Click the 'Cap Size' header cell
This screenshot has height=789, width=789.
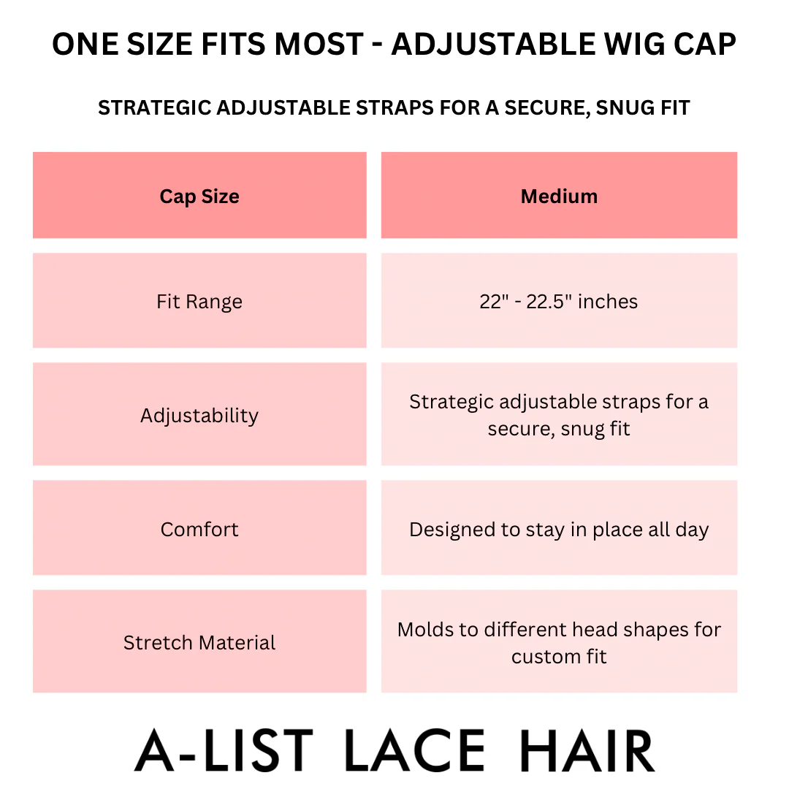click(x=199, y=196)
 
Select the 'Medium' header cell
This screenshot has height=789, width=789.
click(x=559, y=196)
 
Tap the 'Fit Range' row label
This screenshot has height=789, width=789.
click(x=199, y=301)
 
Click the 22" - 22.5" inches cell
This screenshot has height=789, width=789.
click(x=559, y=301)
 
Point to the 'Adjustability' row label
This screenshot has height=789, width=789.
click(x=199, y=415)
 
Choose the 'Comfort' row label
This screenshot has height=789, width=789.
click(x=199, y=529)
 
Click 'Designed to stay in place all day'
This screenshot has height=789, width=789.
click(x=559, y=529)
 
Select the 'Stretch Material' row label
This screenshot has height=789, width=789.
click(x=199, y=642)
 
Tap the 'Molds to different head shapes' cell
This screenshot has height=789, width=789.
click(x=559, y=642)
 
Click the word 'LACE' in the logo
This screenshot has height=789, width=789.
click(x=414, y=751)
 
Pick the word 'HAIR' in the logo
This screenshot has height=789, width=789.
click(x=587, y=751)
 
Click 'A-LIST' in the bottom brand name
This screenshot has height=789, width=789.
click(x=224, y=751)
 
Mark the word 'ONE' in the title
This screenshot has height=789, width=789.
click(x=84, y=45)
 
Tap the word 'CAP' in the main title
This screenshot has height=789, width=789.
click(x=706, y=45)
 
